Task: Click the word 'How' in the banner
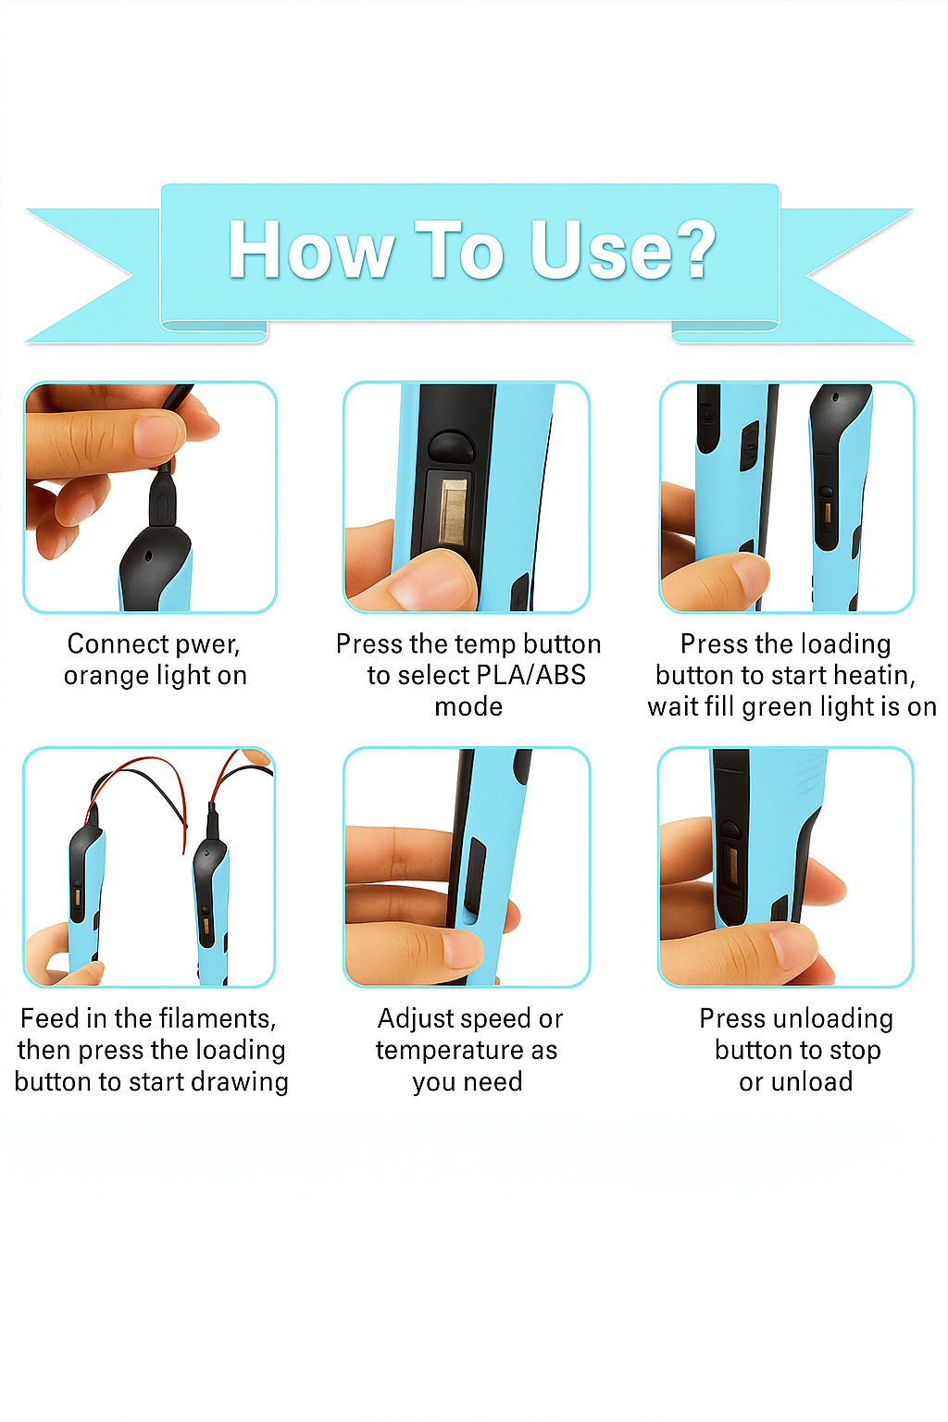310,250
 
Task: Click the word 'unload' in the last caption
810,1081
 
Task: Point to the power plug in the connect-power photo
163,500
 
